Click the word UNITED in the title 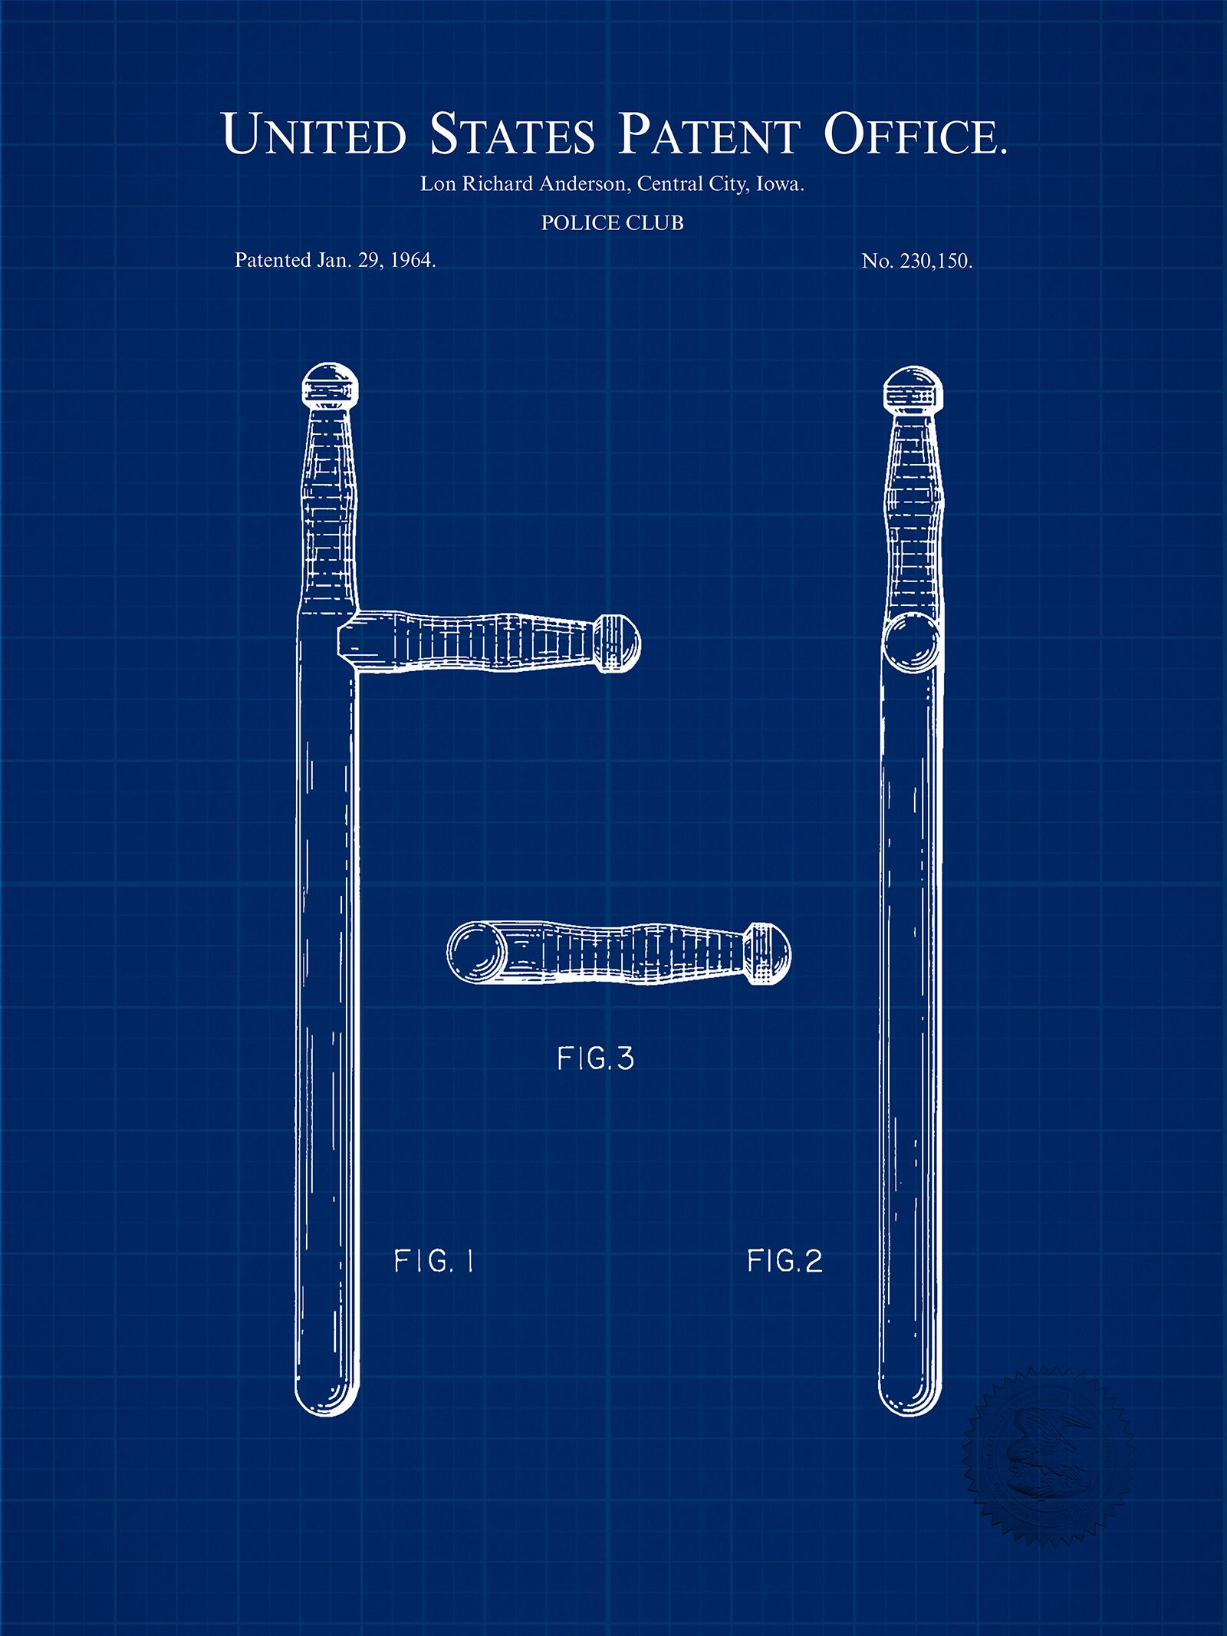click(x=314, y=133)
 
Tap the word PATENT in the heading click(x=709, y=133)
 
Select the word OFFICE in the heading click(x=915, y=133)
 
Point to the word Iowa click(x=780, y=184)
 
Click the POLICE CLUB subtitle click(x=612, y=223)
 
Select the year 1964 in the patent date click(x=413, y=260)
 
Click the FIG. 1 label click(x=434, y=1261)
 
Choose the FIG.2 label click(x=785, y=1261)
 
